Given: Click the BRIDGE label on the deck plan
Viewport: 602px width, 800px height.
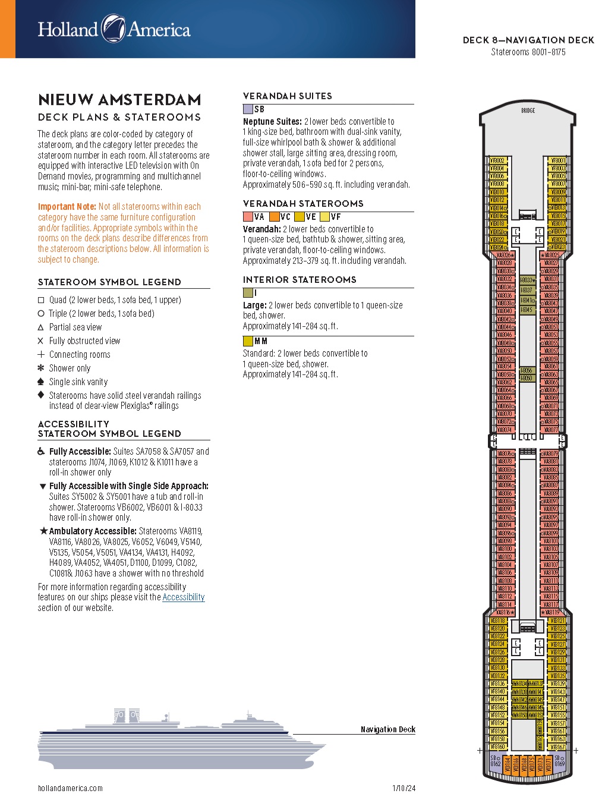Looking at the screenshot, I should point(528,111).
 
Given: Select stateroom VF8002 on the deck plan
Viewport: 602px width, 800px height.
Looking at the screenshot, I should point(497,160).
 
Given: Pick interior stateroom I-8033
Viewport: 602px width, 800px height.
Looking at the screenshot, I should point(527,280).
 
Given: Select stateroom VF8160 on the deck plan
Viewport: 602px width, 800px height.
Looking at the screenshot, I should point(497,747).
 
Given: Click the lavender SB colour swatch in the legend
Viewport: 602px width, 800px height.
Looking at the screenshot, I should point(248,109).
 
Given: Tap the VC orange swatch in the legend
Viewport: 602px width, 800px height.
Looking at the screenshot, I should point(274,217).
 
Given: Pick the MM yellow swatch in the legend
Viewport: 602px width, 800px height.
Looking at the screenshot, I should point(248,341).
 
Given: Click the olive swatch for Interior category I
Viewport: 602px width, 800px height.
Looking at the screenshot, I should point(248,293).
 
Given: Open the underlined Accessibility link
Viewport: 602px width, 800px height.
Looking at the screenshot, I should point(183,597).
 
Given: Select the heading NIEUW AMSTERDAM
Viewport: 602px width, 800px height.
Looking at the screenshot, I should point(119,99).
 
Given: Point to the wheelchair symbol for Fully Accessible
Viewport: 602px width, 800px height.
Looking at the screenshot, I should point(41,452).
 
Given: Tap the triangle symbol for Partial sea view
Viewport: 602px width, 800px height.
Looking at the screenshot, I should point(41,327).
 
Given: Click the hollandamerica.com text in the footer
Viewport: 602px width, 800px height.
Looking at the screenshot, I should point(70,788).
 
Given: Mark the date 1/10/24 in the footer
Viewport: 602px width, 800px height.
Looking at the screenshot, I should point(404,788).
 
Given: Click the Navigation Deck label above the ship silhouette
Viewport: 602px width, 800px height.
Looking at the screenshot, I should point(387,729).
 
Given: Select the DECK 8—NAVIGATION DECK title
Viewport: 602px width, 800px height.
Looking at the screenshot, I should point(528,40).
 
